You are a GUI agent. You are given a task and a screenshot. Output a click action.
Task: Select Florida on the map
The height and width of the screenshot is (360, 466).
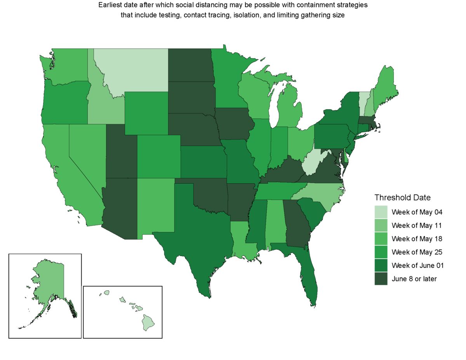[307, 272]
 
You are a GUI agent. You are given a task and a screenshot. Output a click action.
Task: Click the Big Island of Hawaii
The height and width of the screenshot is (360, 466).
[148, 322]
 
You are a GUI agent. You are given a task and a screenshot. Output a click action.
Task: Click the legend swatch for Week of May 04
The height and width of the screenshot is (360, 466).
[381, 212]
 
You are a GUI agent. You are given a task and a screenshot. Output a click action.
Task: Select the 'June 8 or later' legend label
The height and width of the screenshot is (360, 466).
[414, 278]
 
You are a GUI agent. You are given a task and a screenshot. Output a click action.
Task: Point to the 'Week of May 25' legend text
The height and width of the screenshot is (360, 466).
[417, 252]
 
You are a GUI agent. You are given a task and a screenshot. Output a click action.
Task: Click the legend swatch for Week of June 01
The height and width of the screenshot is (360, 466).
[381, 265]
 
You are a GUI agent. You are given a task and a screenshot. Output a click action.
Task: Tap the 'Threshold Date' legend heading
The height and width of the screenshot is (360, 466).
[402, 197]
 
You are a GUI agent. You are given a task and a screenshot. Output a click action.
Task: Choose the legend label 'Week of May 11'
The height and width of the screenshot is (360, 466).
[417, 225]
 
